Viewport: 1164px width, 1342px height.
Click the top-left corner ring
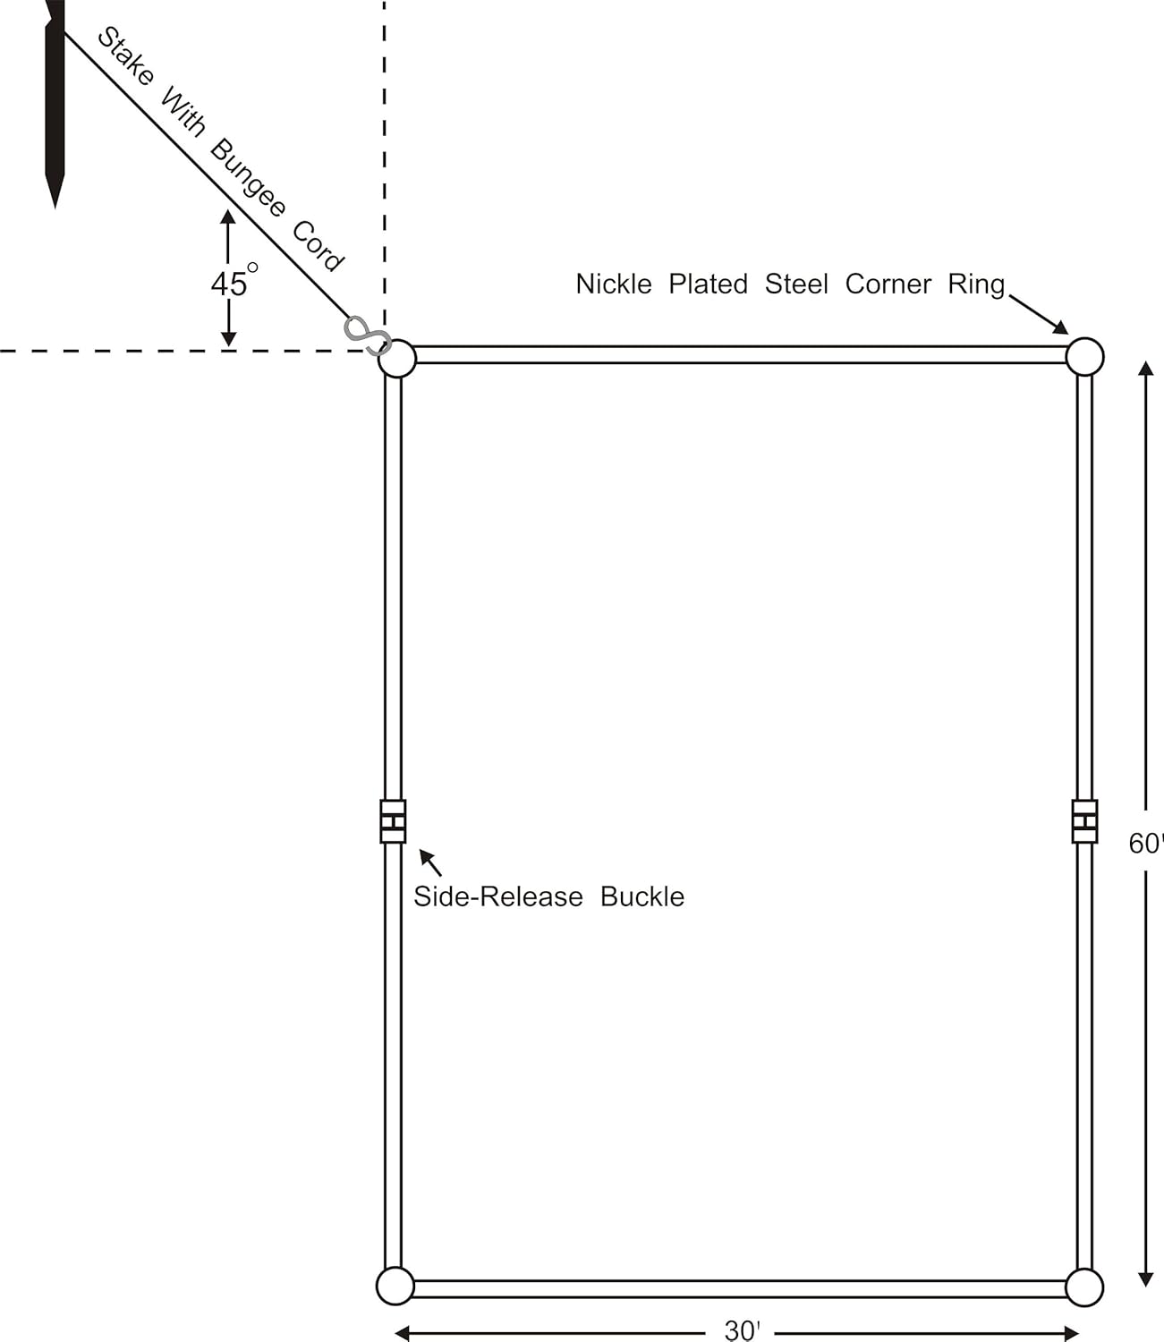397,359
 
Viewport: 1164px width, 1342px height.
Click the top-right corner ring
1084,356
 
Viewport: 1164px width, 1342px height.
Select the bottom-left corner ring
395,1286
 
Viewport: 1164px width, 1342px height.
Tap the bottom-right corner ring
1084,1287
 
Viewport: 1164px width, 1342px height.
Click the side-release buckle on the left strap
393,821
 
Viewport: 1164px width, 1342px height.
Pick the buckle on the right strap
1084,821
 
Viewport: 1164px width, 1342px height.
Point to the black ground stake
55,98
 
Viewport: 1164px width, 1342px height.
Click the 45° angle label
232,283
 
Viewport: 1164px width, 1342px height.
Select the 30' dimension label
742,1331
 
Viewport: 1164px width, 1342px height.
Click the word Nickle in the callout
614,285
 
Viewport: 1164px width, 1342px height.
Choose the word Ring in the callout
976,285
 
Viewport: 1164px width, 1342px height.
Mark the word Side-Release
497,896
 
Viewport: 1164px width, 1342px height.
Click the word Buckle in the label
641,896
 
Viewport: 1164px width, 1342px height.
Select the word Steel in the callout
796,285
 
